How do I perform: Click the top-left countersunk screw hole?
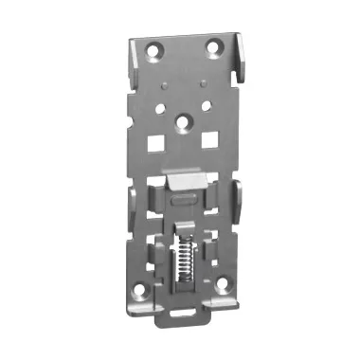point(153,49)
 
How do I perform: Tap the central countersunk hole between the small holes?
point(185,121)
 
